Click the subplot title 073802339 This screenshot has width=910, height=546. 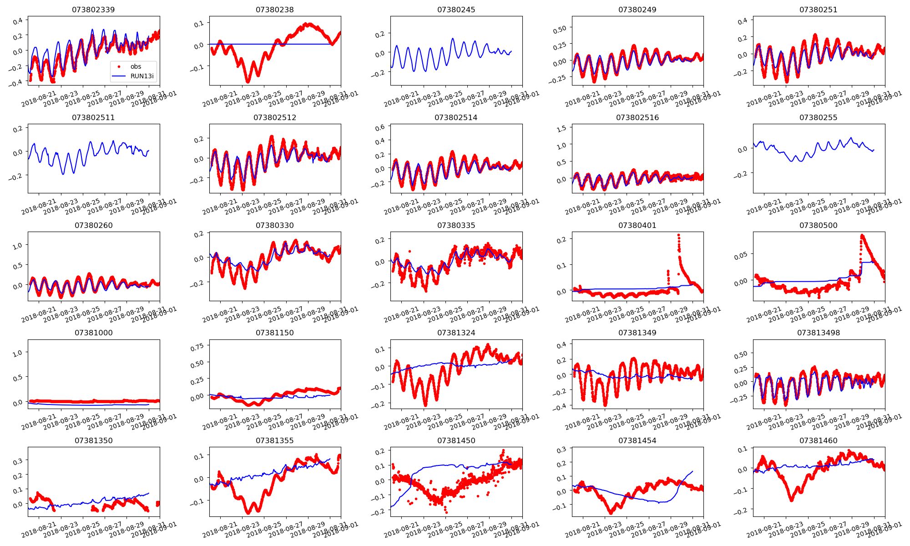click(93, 10)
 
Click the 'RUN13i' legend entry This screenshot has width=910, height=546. click(142, 76)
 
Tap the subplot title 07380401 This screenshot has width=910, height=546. click(637, 225)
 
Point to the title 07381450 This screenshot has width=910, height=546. click(456, 440)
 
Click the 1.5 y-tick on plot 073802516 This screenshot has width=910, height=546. click(561, 129)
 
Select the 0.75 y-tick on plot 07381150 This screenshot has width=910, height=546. click(197, 347)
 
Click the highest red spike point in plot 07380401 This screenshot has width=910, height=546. click(678, 235)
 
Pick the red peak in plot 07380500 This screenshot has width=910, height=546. click(862, 236)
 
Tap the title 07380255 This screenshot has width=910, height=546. click(818, 117)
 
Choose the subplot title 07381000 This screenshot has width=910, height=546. click(93, 333)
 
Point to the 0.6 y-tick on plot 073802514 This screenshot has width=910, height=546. click(380, 127)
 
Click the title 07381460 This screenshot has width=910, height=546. click(818, 440)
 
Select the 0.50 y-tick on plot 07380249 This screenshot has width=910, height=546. click(560, 29)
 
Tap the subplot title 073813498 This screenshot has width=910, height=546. click(818, 333)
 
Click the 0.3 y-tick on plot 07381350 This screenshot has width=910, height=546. click(18, 461)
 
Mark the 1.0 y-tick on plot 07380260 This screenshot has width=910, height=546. click(18, 246)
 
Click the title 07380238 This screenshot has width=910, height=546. click(274, 10)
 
